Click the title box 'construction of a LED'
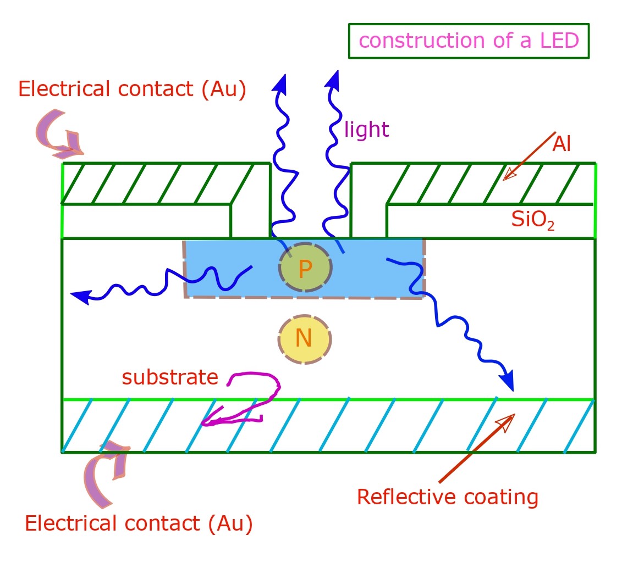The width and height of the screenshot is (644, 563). tap(469, 41)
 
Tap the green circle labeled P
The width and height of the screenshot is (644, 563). tap(305, 268)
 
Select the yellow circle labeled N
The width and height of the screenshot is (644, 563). tap(304, 339)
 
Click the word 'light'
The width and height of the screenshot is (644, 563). tap(366, 130)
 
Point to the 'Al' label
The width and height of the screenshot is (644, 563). tap(562, 144)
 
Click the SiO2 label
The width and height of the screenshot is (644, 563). tap(532, 220)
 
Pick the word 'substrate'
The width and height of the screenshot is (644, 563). tap(170, 377)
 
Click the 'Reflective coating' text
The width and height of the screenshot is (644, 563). tap(447, 497)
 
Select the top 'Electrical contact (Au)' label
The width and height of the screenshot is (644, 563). tap(132, 89)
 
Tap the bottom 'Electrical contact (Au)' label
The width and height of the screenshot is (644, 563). tap(139, 523)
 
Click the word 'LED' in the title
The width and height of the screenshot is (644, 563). tap(557, 41)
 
